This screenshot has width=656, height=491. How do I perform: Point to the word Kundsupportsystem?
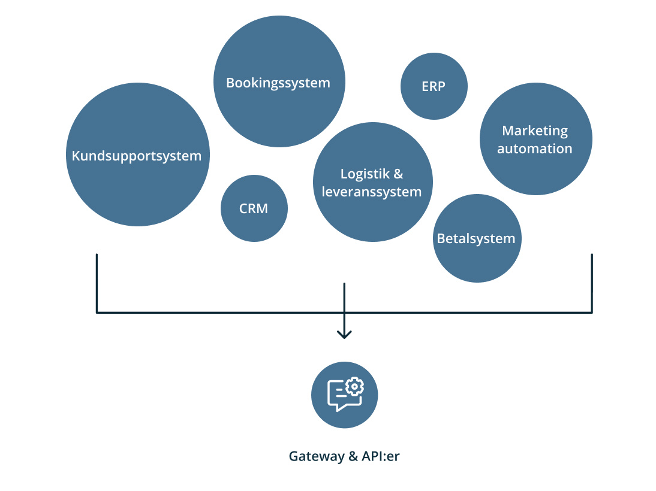click(x=137, y=156)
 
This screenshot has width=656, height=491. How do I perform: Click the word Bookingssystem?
click(x=278, y=83)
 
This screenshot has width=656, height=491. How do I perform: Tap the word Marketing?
click(x=535, y=131)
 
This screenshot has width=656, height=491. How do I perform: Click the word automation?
click(x=535, y=148)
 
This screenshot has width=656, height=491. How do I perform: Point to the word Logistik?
click(x=363, y=174)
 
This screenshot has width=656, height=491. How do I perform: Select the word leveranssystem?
click(x=372, y=192)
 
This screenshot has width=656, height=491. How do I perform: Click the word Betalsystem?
click(x=476, y=238)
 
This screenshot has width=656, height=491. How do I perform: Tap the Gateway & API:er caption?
click(x=344, y=456)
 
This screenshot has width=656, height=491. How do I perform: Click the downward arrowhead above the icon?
click(x=344, y=334)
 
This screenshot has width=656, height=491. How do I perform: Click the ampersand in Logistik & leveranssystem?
click(x=398, y=174)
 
